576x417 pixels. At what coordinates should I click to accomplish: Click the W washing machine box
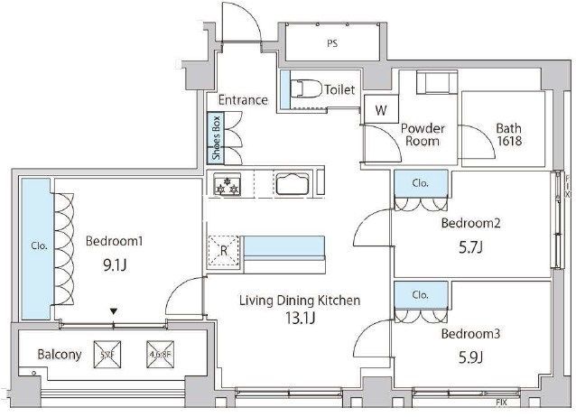(x=381, y=111)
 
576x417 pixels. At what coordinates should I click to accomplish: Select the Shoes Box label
(x=217, y=138)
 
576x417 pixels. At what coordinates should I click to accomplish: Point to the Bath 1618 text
(x=507, y=134)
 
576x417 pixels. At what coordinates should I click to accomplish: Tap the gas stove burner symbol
(x=226, y=186)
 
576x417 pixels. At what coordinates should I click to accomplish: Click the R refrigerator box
(x=222, y=250)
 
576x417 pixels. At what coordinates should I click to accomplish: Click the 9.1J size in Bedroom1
(x=115, y=266)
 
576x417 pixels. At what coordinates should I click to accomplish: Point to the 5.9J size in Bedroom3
(x=469, y=357)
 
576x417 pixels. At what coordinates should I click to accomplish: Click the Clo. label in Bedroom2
(x=421, y=183)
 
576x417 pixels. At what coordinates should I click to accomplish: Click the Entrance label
(x=242, y=99)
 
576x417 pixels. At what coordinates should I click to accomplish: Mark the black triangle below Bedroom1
(x=113, y=312)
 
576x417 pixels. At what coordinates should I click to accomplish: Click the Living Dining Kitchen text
(x=300, y=301)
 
